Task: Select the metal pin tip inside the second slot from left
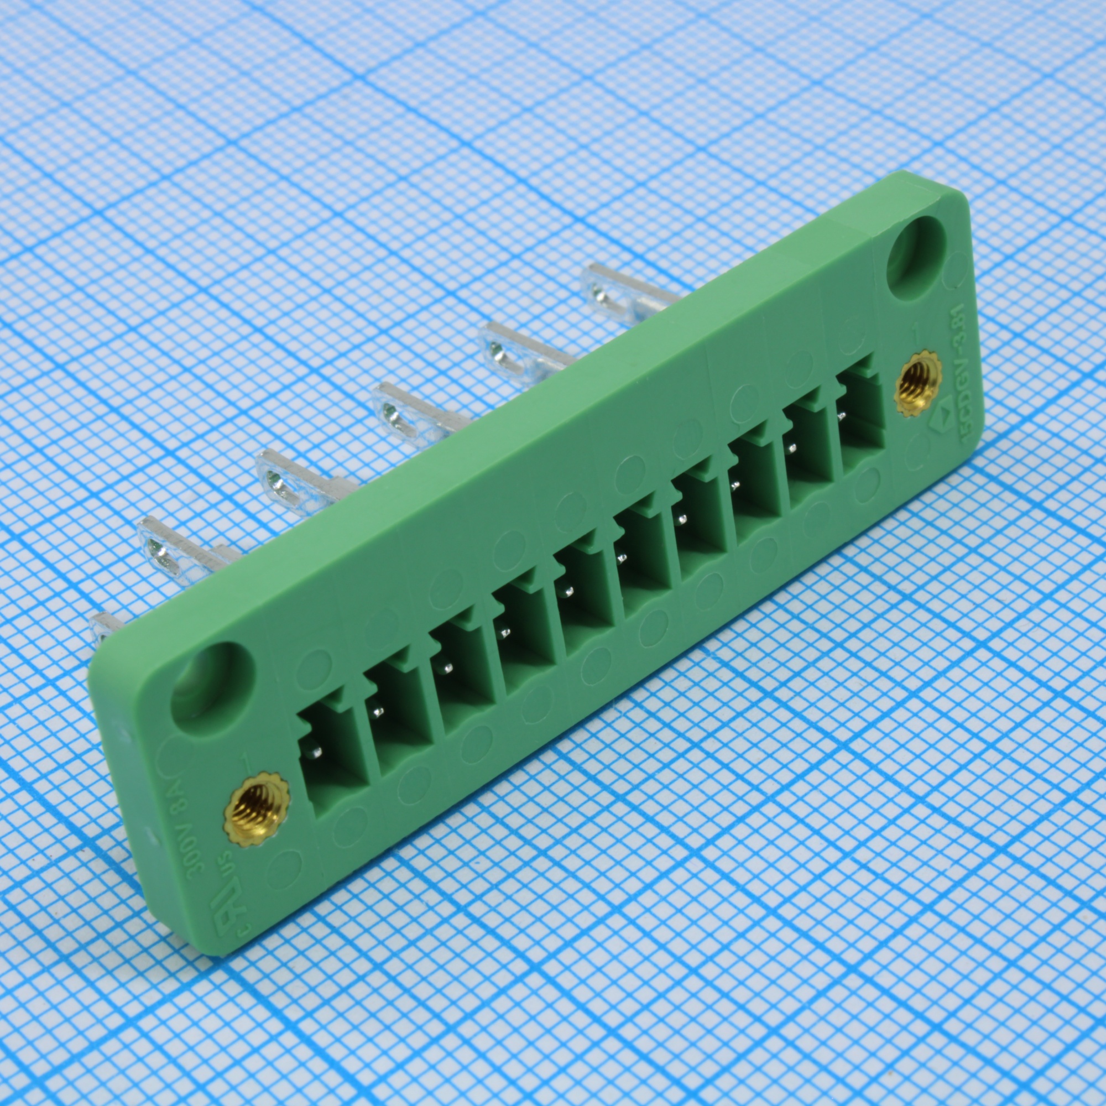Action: (x=377, y=711)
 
